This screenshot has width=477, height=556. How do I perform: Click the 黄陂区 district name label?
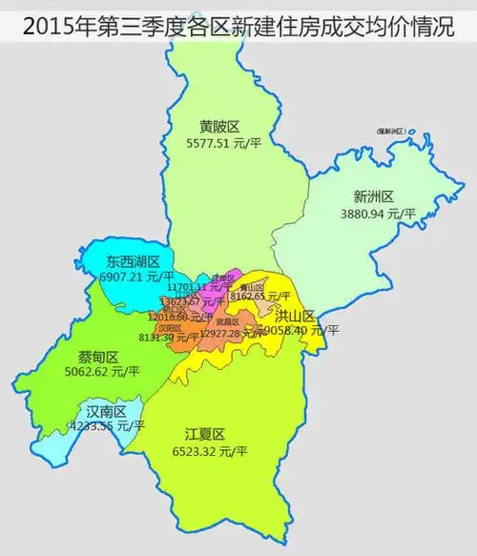click(218, 126)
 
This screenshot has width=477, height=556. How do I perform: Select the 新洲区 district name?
click(373, 197)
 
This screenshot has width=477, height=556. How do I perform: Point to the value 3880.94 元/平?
click(379, 215)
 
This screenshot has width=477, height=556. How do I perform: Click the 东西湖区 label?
click(133, 261)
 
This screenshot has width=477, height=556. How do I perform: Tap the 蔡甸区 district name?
click(99, 358)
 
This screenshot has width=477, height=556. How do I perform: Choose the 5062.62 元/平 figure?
click(102, 373)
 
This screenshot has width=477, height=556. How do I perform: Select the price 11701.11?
click(191, 286)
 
